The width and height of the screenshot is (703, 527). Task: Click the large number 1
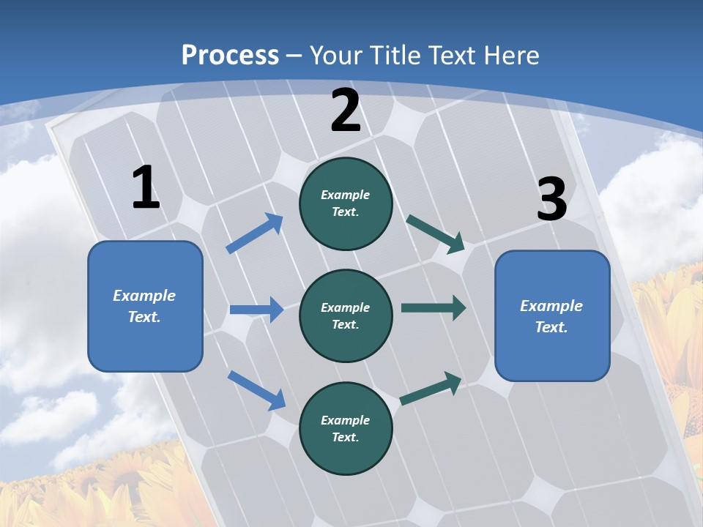[x=146, y=188]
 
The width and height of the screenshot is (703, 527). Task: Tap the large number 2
[x=346, y=111]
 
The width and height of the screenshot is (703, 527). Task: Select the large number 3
[x=551, y=200]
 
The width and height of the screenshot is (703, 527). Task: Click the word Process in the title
[x=230, y=55]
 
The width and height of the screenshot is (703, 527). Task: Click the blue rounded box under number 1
[x=145, y=306]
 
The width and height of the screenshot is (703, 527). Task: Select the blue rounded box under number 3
[x=552, y=316]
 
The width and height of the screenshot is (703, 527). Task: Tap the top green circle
[x=346, y=204]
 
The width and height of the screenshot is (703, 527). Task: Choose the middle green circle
[x=346, y=316]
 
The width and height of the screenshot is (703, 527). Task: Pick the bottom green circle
[x=346, y=429]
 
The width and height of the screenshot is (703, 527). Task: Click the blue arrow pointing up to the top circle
[x=255, y=233]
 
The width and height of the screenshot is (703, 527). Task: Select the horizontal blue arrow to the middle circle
[x=256, y=310]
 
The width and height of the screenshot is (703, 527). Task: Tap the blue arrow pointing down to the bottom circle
[x=256, y=389]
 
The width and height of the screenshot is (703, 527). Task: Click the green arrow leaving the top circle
[x=436, y=233]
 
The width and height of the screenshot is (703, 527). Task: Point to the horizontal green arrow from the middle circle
[x=434, y=308]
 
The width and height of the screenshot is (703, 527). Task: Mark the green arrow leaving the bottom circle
[x=431, y=388]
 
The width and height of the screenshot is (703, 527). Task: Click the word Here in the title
[x=510, y=55]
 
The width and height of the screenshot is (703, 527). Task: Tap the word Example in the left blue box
[x=144, y=296]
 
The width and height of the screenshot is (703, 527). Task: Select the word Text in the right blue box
[x=550, y=327]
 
